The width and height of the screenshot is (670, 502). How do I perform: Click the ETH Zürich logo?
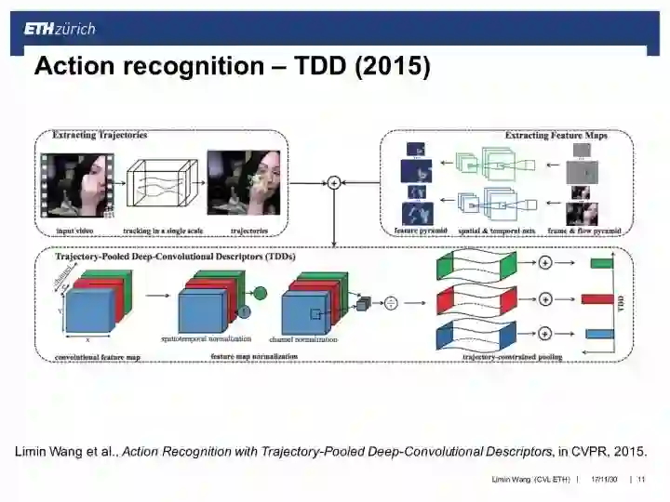pyautogui.click(x=60, y=29)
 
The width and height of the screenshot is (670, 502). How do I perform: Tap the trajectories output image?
pyautogui.click(x=243, y=183)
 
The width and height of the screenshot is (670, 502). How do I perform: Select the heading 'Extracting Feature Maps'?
pyautogui.click(x=556, y=136)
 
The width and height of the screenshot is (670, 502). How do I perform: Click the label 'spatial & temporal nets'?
pyautogui.click(x=493, y=231)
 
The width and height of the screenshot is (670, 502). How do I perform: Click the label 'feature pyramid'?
pyautogui.click(x=421, y=231)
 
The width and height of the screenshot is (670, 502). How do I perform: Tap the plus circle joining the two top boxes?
pyautogui.click(x=334, y=183)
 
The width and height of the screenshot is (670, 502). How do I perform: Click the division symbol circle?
pyautogui.click(x=392, y=302)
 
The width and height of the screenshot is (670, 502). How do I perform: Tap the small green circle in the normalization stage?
pyautogui.click(x=260, y=294)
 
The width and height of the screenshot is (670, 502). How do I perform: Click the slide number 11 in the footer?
pyautogui.click(x=641, y=480)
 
